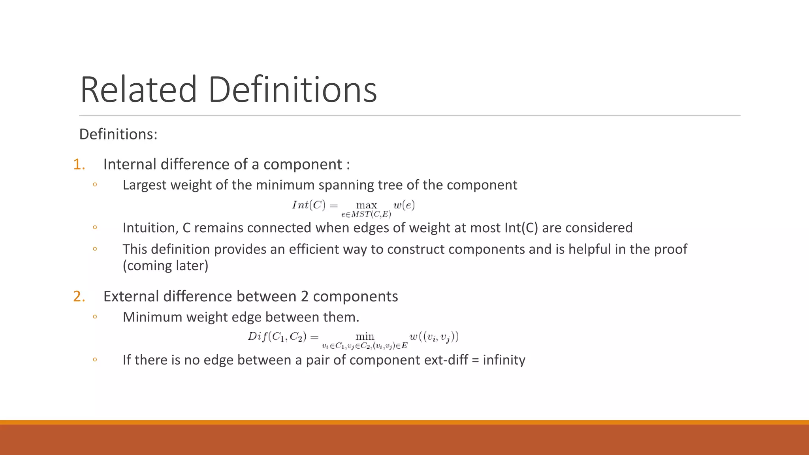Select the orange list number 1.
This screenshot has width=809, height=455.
(79, 164)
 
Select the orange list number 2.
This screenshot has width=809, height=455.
(79, 296)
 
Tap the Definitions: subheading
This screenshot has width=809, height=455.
(118, 134)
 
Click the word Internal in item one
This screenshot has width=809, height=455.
(130, 164)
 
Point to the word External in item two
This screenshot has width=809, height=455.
(131, 296)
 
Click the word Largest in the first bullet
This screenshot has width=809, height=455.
(145, 185)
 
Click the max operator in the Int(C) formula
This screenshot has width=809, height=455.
(366, 205)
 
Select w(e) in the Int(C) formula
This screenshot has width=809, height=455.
(404, 205)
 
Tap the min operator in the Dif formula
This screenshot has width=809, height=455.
(365, 337)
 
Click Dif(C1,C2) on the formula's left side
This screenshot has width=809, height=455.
(277, 337)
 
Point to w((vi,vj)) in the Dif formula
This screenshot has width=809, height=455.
(434, 337)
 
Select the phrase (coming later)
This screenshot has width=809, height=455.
(165, 265)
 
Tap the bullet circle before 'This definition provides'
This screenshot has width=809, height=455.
(95, 249)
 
